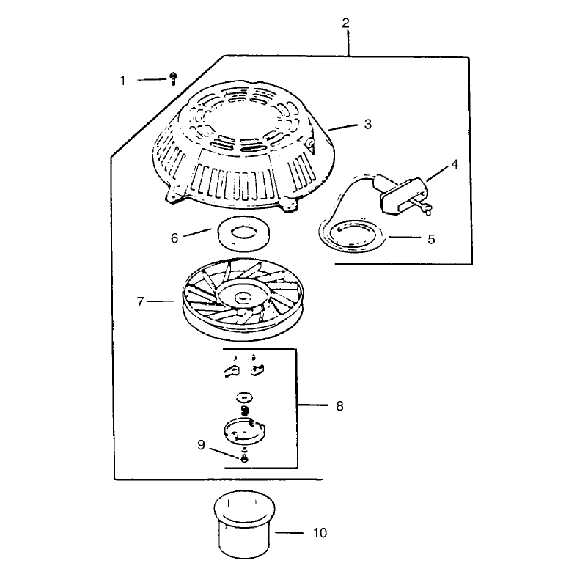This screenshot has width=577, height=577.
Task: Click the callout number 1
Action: coord(123,80)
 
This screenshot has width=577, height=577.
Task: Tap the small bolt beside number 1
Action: coord(173,78)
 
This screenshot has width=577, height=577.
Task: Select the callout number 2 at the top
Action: coord(345,23)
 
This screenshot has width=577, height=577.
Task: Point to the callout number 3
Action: coord(367,124)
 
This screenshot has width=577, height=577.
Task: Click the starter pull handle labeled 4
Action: coord(403,195)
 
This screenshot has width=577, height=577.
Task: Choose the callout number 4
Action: coord(455,164)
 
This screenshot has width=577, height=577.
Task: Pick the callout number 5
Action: coord(431,239)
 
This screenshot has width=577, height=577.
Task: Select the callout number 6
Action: coord(174,238)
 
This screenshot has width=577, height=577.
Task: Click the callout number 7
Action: coord(140,302)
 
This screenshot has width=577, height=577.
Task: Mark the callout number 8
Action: coord(339,406)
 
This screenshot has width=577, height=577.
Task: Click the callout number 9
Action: coord(201,445)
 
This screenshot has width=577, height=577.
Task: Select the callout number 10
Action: coord(320,533)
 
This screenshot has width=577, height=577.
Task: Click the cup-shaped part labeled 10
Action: coord(244,524)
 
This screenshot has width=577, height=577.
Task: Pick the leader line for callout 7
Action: coord(161,301)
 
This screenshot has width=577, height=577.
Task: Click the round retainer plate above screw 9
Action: coord(245,430)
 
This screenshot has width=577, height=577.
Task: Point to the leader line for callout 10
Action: coord(290,532)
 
